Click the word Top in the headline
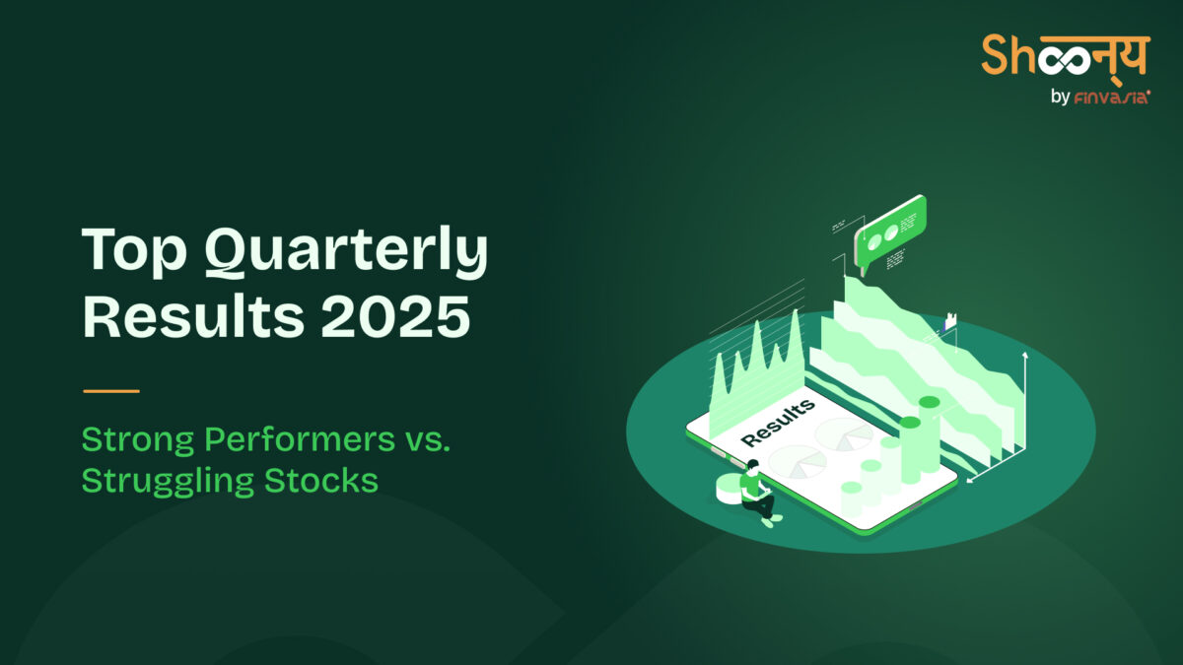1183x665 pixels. tap(132, 252)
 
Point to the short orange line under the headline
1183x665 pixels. tap(111, 391)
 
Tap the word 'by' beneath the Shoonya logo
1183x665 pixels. tap(1063, 97)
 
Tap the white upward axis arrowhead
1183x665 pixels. tap(1026, 354)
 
